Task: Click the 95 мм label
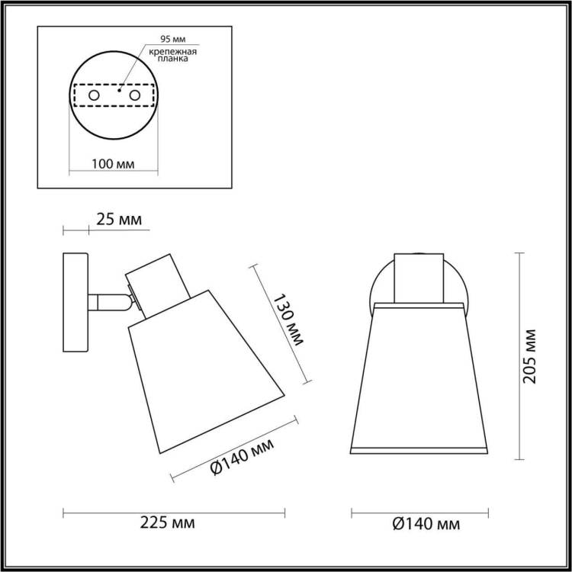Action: coord(173,39)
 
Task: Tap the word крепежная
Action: coord(173,51)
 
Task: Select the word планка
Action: coord(173,59)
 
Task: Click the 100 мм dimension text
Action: coord(113,164)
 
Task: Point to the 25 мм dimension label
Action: coord(119,220)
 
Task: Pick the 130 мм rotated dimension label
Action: coord(288,320)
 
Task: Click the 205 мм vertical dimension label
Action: coord(530,356)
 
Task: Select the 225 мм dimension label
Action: coord(168,523)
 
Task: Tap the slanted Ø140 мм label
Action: coord(242,457)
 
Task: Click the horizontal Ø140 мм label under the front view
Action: coord(426,524)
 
